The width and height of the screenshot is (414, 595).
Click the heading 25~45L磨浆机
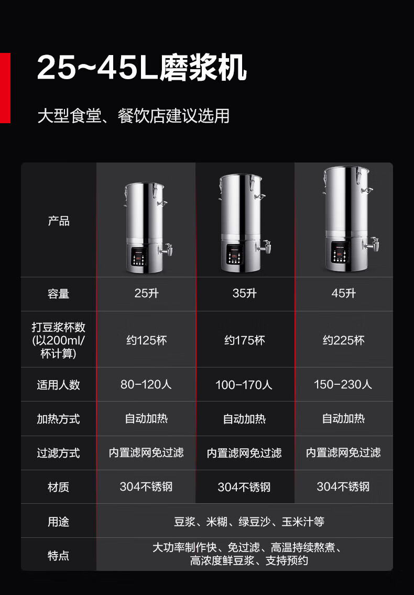(x=142, y=68)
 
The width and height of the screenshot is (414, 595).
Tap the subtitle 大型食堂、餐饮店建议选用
(x=134, y=116)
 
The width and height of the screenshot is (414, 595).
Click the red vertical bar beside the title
(x=5, y=88)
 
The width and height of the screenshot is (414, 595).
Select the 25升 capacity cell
(x=147, y=294)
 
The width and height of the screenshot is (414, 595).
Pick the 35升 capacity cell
(x=245, y=294)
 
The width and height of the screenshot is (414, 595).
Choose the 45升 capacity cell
(x=343, y=294)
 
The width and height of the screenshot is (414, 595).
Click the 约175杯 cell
(x=245, y=340)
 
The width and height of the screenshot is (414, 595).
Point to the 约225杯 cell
(x=343, y=340)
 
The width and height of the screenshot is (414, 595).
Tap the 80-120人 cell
(x=146, y=384)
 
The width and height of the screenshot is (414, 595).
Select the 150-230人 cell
(x=343, y=384)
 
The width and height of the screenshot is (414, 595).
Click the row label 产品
(x=59, y=221)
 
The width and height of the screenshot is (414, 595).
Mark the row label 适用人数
(x=59, y=385)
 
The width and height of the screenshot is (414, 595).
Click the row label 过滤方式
(x=59, y=453)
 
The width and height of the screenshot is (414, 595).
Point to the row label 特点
(x=59, y=556)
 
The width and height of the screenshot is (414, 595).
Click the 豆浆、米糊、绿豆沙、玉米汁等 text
(x=249, y=522)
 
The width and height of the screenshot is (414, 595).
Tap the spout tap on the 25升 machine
(x=166, y=250)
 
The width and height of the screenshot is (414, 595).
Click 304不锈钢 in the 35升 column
(x=244, y=487)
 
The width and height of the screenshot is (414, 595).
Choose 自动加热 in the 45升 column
(x=343, y=418)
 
